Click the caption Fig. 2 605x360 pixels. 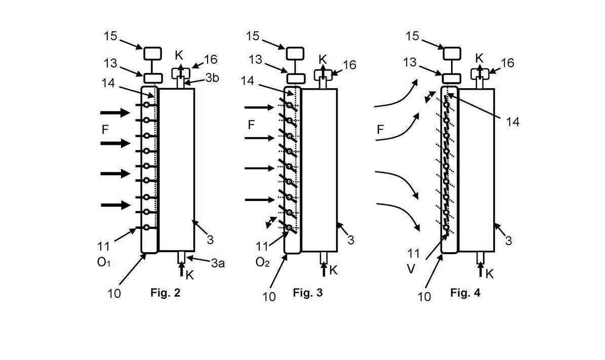(x=165, y=293)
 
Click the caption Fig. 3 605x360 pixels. (x=307, y=293)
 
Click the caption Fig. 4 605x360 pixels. (x=465, y=293)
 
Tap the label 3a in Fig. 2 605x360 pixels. (x=218, y=263)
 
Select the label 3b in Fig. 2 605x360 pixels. (x=212, y=78)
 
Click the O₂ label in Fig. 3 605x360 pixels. (x=262, y=262)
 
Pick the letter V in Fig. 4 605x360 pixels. (x=411, y=268)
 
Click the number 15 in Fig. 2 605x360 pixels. (x=110, y=36)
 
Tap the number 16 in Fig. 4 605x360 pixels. (x=507, y=63)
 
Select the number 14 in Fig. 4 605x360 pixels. (x=512, y=122)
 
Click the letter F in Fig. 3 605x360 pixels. (x=251, y=125)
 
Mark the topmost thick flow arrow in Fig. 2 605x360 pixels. (x=115, y=113)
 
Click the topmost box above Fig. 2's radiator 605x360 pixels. (x=153, y=53)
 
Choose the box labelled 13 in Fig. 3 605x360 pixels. (x=296, y=78)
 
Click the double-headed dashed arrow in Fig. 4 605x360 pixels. (x=429, y=97)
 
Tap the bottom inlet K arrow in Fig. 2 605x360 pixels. (x=182, y=269)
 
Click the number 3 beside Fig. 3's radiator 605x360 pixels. (x=351, y=241)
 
